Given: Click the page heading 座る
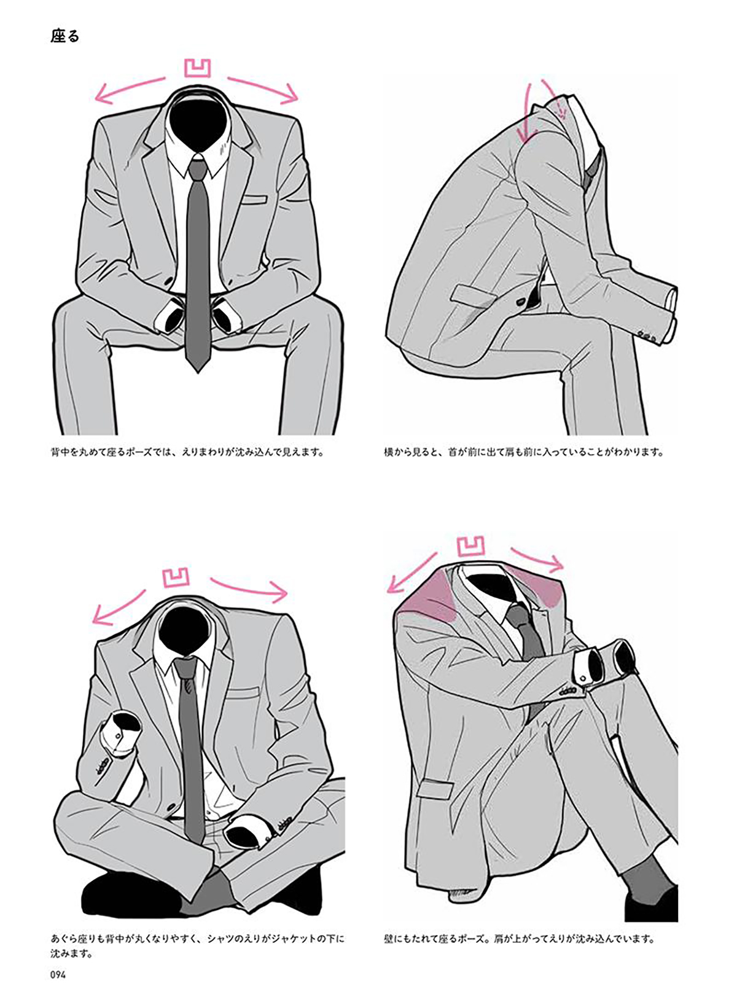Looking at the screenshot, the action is point(64,36).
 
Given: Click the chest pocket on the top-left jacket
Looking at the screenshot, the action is point(253,199).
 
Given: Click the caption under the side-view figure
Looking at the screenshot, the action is point(524,452).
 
